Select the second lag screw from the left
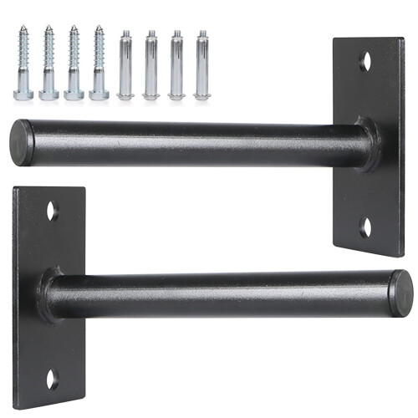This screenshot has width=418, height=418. (x=48, y=63)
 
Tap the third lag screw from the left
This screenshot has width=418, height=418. (x=74, y=63)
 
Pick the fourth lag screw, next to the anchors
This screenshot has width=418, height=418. (x=99, y=63)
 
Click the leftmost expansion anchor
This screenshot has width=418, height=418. (x=125, y=65)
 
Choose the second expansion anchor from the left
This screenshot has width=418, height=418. (x=151, y=65)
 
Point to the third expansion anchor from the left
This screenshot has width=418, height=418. (x=176, y=65)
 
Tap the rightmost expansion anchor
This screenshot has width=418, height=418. (x=201, y=65)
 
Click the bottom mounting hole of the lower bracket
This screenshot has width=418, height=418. (x=52, y=378)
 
